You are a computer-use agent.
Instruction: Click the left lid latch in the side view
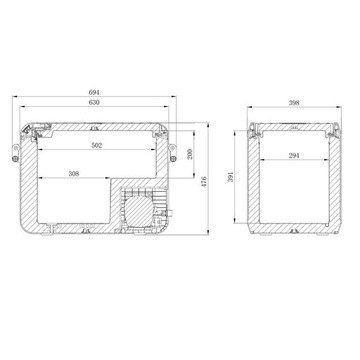[x=258, y=130]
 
